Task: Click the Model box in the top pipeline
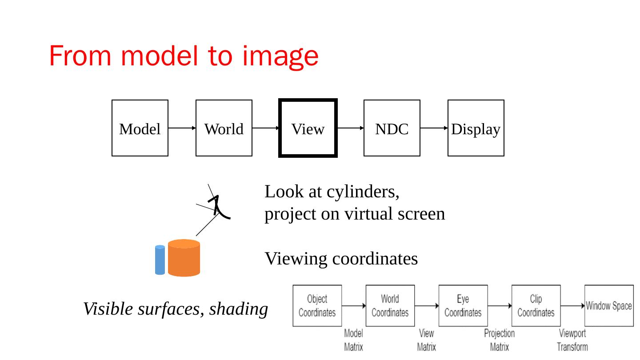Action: pyautogui.click(x=140, y=128)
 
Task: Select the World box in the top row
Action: pyautogui.click(x=224, y=128)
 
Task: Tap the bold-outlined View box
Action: pyautogui.click(x=308, y=128)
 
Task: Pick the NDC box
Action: pyautogui.click(x=392, y=128)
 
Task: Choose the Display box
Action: pyautogui.click(x=476, y=128)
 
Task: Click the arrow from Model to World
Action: pyautogui.click(x=182, y=128)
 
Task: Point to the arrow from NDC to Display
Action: pyautogui.click(x=434, y=128)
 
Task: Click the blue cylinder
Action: pyautogui.click(x=160, y=260)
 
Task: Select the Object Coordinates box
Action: pyautogui.click(x=317, y=306)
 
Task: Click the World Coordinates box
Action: pyautogui.click(x=390, y=306)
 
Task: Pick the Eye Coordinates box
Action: pyautogui.click(x=463, y=306)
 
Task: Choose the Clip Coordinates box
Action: pyautogui.click(x=536, y=306)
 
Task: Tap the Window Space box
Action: pyautogui.click(x=609, y=306)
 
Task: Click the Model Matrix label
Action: pyautogui.click(x=354, y=340)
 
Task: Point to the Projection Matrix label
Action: pyautogui.click(x=500, y=340)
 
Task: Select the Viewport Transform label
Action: pyautogui.click(x=572, y=340)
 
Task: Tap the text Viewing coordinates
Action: pyautogui.click(x=341, y=258)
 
